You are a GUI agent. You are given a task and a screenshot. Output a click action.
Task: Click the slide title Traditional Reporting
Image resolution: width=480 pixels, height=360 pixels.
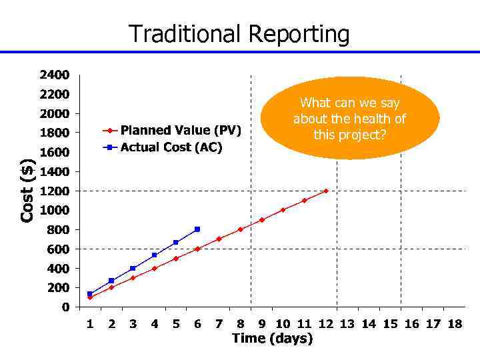(x=239, y=33)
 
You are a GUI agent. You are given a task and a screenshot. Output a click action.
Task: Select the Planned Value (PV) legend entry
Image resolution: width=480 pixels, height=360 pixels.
(x=180, y=130)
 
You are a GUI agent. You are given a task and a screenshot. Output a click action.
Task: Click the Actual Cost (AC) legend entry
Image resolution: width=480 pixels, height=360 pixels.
(x=171, y=147)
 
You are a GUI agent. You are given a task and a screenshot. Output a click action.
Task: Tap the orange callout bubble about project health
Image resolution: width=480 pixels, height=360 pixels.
(x=350, y=119)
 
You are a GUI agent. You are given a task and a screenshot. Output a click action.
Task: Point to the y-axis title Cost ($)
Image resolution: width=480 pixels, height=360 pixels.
(x=27, y=191)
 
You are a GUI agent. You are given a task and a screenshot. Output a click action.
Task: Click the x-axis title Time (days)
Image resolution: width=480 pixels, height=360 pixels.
(x=272, y=339)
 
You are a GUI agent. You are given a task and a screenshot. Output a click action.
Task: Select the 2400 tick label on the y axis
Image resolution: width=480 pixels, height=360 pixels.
(x=54, y=75)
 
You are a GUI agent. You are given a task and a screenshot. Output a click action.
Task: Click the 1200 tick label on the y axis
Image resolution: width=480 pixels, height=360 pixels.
(x=54, y=191)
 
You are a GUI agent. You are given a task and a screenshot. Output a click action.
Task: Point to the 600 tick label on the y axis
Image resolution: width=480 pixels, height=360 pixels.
(x=57, y=249)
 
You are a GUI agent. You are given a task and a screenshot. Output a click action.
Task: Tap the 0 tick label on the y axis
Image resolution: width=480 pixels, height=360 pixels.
(x=65, y=307)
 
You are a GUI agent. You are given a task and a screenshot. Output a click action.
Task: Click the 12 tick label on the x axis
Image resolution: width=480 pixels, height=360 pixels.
(x=325, y=324)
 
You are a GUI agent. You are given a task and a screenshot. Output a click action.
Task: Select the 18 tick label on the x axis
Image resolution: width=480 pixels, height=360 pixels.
(x=454, y=324)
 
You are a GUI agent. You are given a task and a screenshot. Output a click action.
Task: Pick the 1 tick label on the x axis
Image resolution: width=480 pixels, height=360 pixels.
(x=90, y=324)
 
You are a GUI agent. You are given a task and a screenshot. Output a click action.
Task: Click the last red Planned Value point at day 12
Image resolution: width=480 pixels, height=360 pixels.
(x=325, y=191)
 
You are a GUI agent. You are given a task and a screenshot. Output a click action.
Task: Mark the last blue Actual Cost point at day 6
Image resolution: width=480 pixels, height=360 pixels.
(x=197, y=229)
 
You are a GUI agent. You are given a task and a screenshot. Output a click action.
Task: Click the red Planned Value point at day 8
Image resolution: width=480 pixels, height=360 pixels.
(x=240, y=229)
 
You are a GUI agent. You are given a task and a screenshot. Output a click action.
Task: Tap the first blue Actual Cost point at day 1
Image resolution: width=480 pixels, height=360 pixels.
(x=90, y=294)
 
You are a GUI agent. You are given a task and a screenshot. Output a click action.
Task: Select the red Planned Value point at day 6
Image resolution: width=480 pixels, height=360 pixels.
(x=197, y=249)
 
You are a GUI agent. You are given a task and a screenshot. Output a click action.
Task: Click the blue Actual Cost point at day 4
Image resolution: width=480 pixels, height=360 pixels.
(x=154, y=255)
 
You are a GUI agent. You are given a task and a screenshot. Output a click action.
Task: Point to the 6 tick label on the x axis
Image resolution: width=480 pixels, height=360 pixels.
(x=197, y=324)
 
